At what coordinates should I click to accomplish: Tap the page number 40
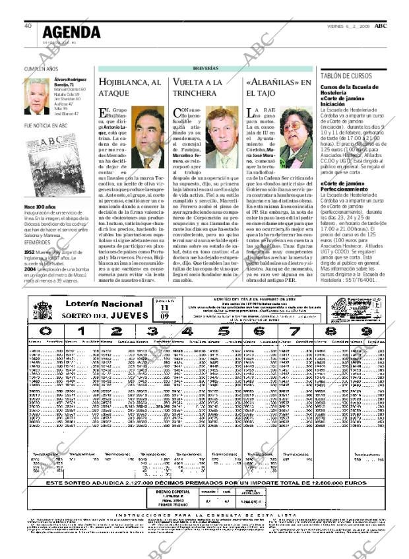(28, 26)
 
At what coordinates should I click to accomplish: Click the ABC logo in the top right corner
(381, 26)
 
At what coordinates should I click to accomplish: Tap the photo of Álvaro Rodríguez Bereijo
(37, 96)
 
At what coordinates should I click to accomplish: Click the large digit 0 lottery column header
(44, 331)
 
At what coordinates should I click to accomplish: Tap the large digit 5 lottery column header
(224, 331)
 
